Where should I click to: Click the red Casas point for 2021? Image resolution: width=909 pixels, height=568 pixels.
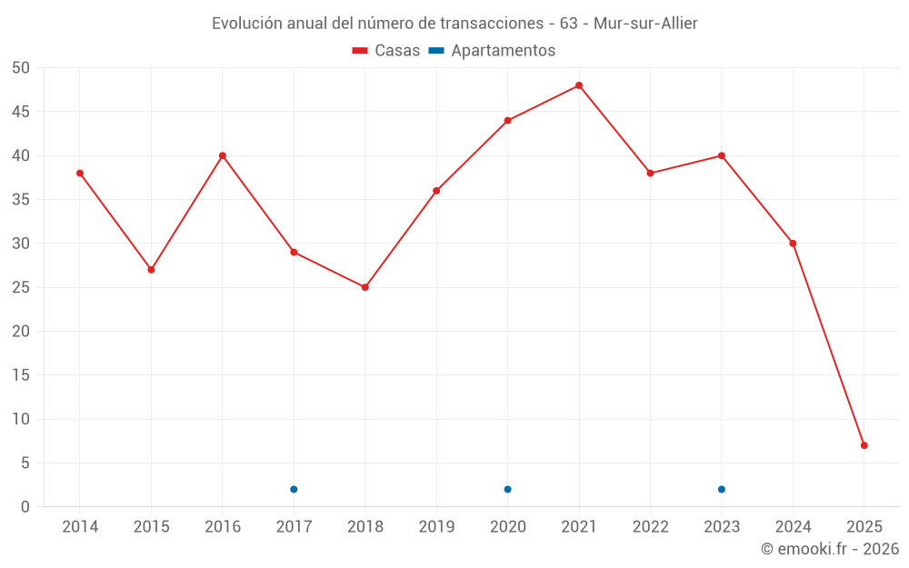click(579, 85)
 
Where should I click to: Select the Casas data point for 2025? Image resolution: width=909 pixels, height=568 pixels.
click(864, 445)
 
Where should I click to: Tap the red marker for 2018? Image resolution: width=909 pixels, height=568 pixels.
click(365, 287)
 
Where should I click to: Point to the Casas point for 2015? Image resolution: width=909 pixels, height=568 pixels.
click(151, 270)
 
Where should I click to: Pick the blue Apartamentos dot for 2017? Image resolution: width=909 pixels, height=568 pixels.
click(294, 489)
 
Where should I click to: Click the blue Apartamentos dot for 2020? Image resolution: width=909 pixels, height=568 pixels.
click(507, 489)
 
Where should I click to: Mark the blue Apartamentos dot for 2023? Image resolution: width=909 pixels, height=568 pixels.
click(722, 489)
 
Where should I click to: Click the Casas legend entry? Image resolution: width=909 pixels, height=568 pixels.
click(386, 51)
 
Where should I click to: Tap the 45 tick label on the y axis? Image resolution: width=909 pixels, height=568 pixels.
click(21, 112)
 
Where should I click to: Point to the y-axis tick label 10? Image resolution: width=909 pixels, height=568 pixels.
click(21, 419)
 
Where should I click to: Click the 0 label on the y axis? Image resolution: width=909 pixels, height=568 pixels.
click(25, 507)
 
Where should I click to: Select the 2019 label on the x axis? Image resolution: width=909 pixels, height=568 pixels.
click(436, 527)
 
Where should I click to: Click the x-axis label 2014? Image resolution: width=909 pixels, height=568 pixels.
click(80, 527)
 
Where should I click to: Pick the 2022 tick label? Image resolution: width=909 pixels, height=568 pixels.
click(650, 527)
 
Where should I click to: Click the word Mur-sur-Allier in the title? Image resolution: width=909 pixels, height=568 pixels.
click(645, 24)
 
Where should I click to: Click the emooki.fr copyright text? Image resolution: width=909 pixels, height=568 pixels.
click(830, 549)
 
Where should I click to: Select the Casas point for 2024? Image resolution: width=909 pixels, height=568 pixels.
click(793, 244)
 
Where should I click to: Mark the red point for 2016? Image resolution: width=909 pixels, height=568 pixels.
click(223, 155)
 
